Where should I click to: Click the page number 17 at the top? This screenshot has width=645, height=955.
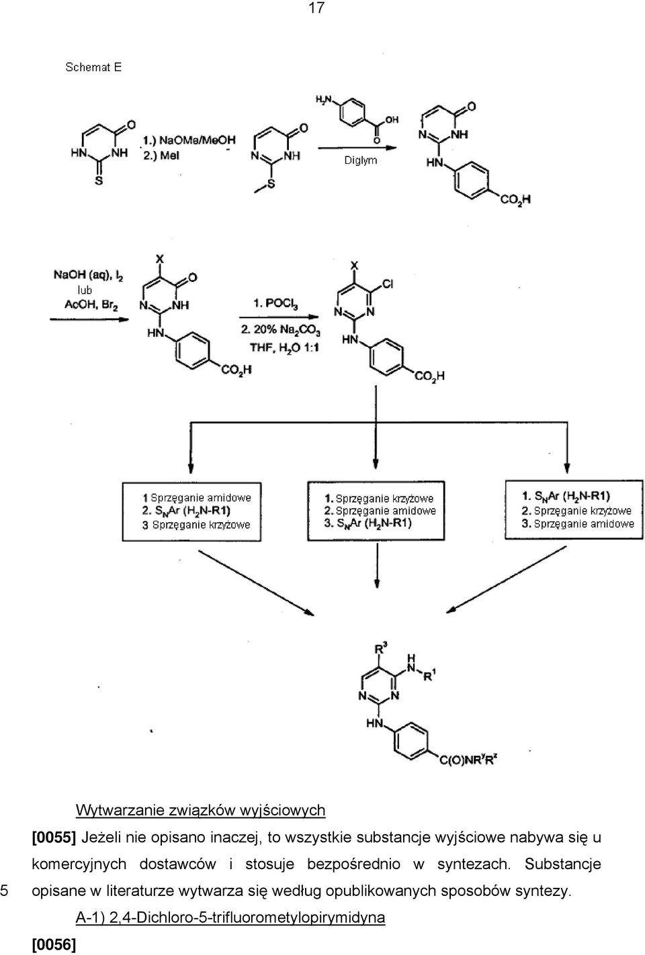coord(316,7)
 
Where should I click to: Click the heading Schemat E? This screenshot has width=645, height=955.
coord(93,67)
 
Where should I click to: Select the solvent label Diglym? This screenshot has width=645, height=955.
coord(361,160)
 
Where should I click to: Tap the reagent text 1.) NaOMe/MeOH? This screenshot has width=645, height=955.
coord(189,140)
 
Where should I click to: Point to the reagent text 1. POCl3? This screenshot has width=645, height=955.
coord(275,303)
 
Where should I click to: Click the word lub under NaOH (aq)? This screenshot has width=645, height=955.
coord(85,291)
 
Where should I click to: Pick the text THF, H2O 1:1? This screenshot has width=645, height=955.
coord(284,348)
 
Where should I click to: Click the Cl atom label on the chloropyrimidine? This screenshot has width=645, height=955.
coord(388,285)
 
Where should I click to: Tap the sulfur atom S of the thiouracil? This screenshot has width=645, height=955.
coord(99,181)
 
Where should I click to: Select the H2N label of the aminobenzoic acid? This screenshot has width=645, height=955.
coord(324,100)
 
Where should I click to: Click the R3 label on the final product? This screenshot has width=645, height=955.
coord(381,649)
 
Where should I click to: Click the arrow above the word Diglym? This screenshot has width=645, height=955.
coord(357,148)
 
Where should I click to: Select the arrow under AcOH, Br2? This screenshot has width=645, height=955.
coord(89,319)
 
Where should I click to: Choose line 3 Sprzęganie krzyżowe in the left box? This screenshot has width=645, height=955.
coord(196,525)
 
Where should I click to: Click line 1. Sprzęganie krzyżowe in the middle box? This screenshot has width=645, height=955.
coord(379,499)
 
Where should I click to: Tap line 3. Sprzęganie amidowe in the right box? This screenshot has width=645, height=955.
coord(578,523)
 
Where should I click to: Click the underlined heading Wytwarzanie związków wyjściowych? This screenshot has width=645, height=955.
coord(201,810)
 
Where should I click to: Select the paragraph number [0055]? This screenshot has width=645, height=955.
coord(54,838)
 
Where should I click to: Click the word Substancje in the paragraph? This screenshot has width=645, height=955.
coord(562,864)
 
